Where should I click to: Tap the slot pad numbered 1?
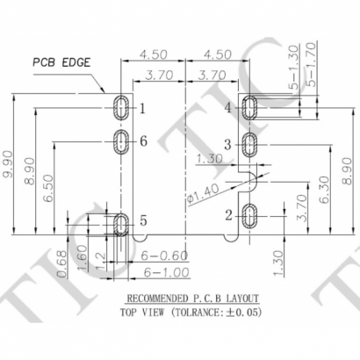tap(119, 108)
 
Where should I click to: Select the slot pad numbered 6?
tap(119, 140)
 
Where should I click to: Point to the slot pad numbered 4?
tap(250, 108)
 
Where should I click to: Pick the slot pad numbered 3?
tap(250, 142)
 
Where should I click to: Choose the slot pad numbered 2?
tap(250, 214)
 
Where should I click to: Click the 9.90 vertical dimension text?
tap(10, 163)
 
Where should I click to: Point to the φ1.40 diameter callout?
tap(198, 193)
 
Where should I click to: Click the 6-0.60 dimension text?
tap(162, 256)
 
